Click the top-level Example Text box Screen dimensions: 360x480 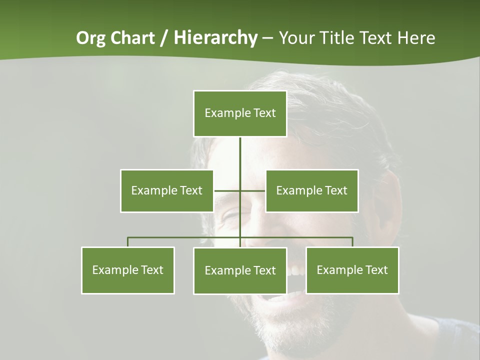pyautogui.click(x=240, y=113)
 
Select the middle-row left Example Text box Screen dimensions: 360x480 pyautogui.click(x=167, y=190)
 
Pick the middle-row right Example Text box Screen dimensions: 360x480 pyautogui.click(x=311, y=190)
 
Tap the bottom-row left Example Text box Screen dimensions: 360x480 pyautogui.click(x=128, y=270)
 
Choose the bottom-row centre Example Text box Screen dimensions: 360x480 pyautogui.click(x=240, y=270)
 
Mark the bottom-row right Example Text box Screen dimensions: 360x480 pyautogui.click(x=352, y=270)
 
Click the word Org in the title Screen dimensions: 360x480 pyautogui.click(x=91, y=38)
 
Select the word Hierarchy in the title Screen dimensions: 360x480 pyautogui.click(x=215, y=38)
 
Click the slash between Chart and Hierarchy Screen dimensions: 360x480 pyautogui.click(x=164, y=38)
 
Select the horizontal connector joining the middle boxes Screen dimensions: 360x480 pyautogui.click(x=227, y=190)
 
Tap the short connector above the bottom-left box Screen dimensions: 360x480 pyautogui.click(x=128, y=242)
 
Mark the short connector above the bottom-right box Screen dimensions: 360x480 pyautogui.click(x=352, y=242)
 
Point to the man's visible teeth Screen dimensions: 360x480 pyautogui.click(x=296, y=270)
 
